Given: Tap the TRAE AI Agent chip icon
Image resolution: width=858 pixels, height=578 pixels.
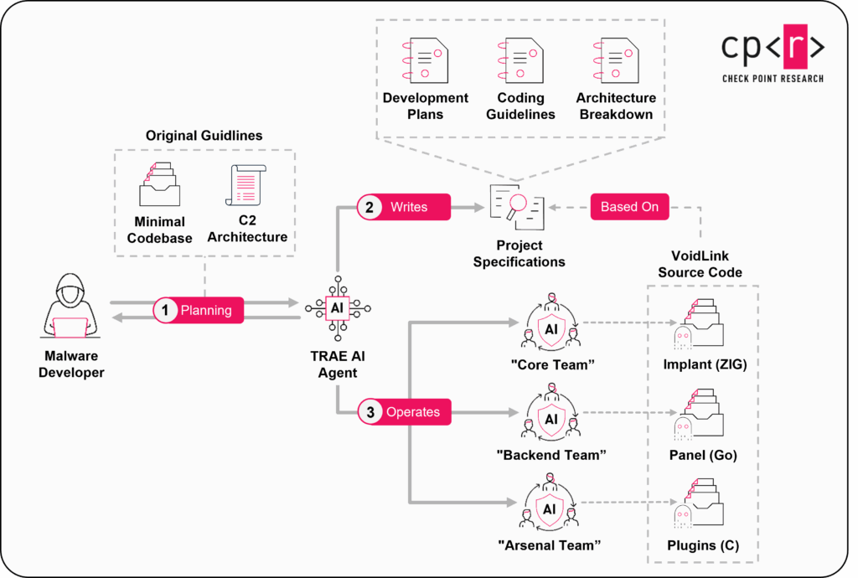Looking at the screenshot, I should pos(337,307).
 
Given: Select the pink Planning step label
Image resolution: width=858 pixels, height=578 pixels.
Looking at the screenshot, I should pos(198,310).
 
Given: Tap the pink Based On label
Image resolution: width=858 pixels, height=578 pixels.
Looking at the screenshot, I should pos(629,207).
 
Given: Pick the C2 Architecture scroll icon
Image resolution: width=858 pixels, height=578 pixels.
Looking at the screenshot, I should pos(246,185).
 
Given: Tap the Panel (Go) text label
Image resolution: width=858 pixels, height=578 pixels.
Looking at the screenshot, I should pos(702,455).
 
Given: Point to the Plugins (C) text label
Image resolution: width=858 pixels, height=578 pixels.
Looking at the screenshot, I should pos(702,545).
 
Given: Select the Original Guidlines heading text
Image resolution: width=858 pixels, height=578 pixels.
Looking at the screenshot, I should pos(204,135).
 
